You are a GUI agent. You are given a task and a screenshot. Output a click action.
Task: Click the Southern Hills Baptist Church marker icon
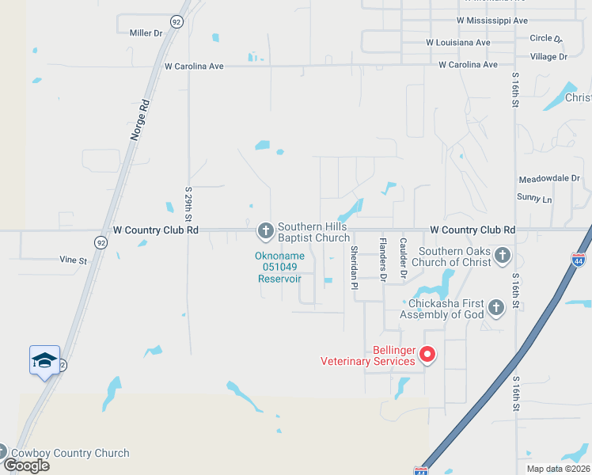click(x=265, y=230)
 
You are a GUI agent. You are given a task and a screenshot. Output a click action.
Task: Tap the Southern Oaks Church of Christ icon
click(x=502, y=256)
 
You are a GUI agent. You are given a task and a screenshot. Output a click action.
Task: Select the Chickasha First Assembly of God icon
click(x=495, y=307)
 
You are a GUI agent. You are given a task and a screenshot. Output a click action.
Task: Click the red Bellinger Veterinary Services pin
click(x=427, y=354)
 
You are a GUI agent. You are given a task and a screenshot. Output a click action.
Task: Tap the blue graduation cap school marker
click(x=44, y=360)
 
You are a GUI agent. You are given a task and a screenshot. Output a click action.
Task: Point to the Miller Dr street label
click(x=145, y=32)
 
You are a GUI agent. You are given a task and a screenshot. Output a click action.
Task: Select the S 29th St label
click(x=189, y=203)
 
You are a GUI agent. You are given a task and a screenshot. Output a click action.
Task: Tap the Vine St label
click(x=72, y=259)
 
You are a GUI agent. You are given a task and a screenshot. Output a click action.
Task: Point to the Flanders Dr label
click(x=382, y=260)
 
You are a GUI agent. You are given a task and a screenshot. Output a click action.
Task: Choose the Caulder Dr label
click(x=403, y=258)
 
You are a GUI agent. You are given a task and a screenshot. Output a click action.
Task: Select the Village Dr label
click(x=548, y=57)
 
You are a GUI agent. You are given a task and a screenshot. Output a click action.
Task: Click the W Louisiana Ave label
click(x=457, y=42)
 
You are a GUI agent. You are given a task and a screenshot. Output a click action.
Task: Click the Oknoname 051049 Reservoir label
click(x=280, y=268)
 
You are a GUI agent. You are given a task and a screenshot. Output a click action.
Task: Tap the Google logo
click(x=26, y=465)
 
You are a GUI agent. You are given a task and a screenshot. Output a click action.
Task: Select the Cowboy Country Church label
click(x=70, y=454)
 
